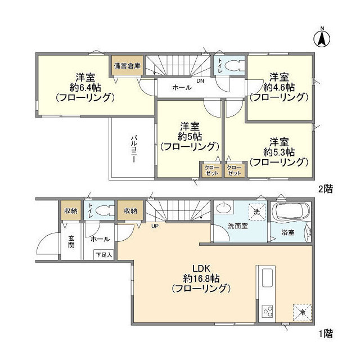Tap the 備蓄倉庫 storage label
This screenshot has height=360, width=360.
127,66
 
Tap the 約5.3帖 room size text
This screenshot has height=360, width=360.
279,151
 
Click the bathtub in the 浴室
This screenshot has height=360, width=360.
289,214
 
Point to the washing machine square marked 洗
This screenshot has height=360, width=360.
256,213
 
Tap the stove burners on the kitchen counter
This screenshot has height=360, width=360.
265,310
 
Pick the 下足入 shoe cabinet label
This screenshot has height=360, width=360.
103,255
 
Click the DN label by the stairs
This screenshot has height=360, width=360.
200,80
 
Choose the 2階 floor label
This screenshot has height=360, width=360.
325,189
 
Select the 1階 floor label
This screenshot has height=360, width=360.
325,334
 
